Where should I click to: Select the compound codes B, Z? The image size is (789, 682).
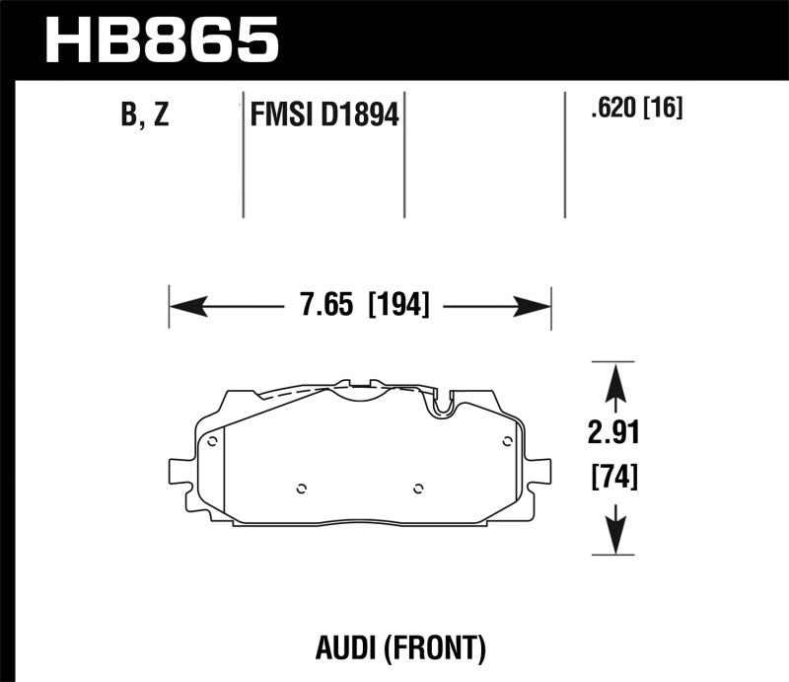coord(145,115)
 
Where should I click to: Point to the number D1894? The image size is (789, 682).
coord(360,116)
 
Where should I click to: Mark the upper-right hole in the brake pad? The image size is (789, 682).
coord(507,441)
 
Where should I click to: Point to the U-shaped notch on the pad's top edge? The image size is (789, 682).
coord(442,400)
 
